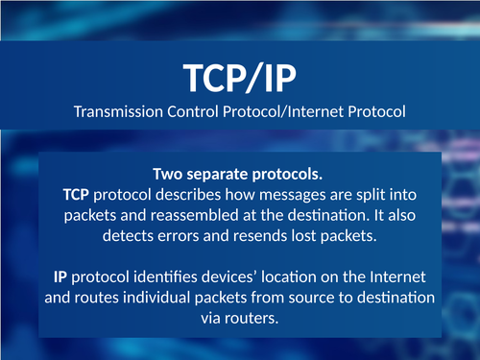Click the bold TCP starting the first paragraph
click(76, 194)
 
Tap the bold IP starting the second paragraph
click(60, 276)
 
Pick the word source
click(301, 297)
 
